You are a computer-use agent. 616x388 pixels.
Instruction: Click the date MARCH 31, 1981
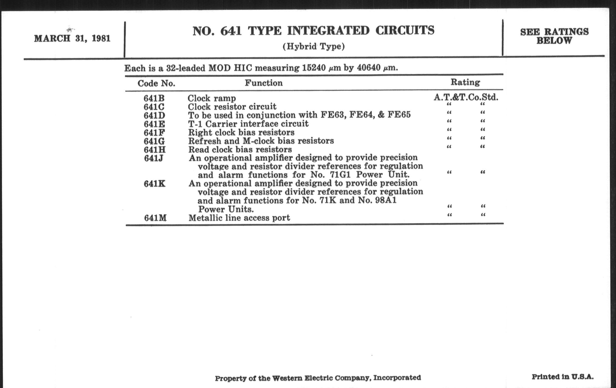pyautogui.click(x=72, y=38)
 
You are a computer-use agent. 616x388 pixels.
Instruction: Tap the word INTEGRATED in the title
pyautogui.click(x=328, y=31)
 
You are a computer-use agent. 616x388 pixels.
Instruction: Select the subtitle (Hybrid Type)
pyautogui.click(x=314, y=47)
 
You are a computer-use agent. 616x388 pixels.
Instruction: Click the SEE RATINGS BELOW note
pyautogui.click(x=554, y=36)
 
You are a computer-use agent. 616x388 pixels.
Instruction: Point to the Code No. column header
pyautogui.click(x=156, y=83)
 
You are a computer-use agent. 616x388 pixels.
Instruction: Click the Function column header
pyautogui.click(x=264, y=83)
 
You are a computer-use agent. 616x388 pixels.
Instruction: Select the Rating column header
pyautogui.click(x=465, y=82)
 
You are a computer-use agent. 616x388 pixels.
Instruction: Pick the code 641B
pyautogui.click(x=154, y=98)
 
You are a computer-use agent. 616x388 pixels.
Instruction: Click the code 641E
pyautogui.click(x=154, y=124)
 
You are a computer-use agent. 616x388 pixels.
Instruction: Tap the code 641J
pyautogui.click(x=153, y=158)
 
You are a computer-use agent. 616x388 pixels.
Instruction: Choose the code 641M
pyautogui.click(x=155, y=218)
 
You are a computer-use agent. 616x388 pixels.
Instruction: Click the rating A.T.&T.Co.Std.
pyautogui.click(x=466, y=97)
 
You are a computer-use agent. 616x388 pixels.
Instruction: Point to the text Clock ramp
pyautogui.click(x=212, y=98)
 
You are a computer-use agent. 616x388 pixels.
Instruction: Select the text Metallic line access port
pyautogui.click(x=239, y=218)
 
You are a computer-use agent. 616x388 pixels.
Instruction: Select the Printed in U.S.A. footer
pyautogui.click(x=563, y=377)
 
